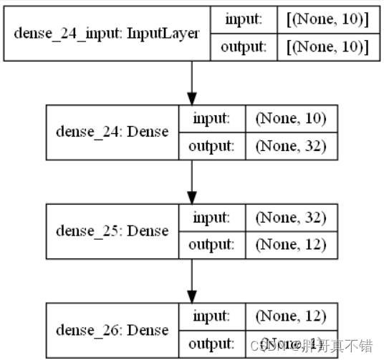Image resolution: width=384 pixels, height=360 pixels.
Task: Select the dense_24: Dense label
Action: [112, 132]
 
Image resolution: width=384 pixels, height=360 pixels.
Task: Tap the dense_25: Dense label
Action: [112, 230]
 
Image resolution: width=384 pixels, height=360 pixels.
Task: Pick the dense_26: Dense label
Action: [112, 330]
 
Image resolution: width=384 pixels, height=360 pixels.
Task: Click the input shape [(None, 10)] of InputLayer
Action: [327, 19]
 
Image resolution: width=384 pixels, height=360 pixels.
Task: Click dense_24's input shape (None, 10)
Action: [290, 118]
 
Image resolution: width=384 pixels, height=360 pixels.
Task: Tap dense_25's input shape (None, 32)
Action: [290, 217]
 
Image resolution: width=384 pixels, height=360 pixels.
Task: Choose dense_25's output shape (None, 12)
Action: [290, 245]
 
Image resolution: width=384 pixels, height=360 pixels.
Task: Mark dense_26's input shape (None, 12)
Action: [290, 316]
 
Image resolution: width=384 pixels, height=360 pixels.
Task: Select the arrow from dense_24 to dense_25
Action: [191, 182]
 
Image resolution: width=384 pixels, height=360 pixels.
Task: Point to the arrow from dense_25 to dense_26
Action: [191, 281]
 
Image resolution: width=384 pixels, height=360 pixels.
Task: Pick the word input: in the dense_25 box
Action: [211, 217]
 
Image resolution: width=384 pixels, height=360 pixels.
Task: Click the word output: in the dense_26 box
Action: [211, 344]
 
